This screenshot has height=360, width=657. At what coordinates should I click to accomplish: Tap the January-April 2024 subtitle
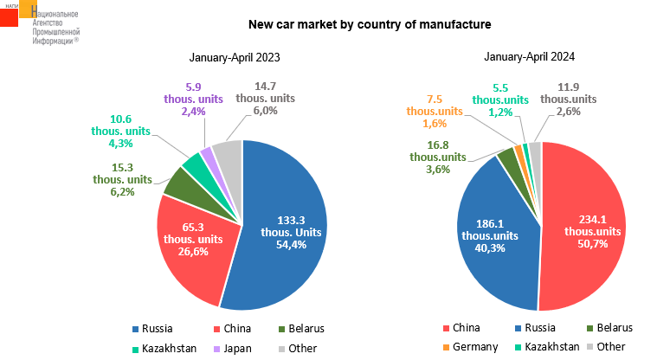530,58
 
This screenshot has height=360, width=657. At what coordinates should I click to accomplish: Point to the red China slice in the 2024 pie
589,260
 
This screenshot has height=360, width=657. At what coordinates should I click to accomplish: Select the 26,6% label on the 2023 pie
192,252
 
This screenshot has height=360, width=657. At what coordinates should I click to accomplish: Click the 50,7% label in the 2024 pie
593,245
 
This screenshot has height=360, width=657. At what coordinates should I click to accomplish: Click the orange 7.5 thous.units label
435,111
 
